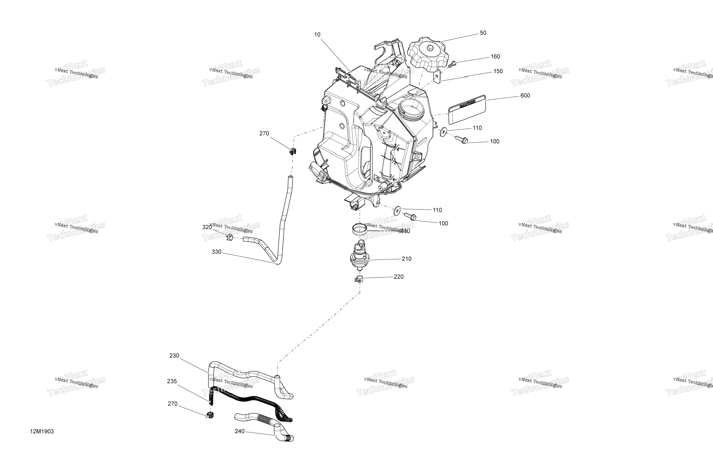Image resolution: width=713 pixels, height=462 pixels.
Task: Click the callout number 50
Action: click(483, 33)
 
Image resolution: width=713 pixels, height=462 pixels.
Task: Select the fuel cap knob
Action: click(428, 54)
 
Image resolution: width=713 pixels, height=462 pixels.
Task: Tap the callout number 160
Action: click(495, 57)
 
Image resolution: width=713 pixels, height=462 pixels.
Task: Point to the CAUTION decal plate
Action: click(466, 109)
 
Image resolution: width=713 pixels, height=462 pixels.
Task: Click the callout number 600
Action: click(525, 96)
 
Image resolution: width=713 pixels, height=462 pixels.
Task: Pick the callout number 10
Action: click(317, 35)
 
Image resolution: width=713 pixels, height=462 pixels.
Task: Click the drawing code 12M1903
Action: click(42, 432)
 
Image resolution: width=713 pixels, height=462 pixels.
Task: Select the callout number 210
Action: click(407, 259)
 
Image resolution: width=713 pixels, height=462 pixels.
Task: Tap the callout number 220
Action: click(398, 277)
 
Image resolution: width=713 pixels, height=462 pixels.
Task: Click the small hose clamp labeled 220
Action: click(358, 279)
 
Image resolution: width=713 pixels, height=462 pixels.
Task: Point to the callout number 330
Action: click(216, 252)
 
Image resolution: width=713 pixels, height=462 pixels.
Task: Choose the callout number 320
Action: click(207, 227)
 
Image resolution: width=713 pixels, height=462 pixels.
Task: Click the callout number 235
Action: click(172, 381)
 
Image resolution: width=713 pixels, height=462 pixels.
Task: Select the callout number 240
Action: click(240, 431)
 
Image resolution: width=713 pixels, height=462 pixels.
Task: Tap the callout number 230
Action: click(174, 356)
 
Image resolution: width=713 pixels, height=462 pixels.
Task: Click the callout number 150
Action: click(498, 71)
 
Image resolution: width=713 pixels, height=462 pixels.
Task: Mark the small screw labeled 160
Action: click(452, 63)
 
